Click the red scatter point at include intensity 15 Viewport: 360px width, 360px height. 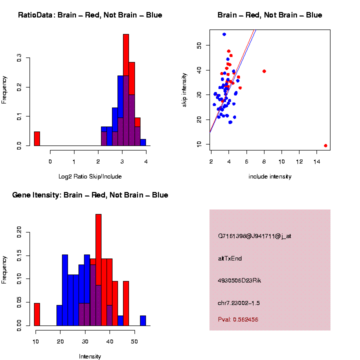(x=325, y=145)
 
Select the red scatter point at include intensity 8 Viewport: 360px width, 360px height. (x=264, y=71)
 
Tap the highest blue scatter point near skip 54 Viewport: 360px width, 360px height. (x=224, y=34)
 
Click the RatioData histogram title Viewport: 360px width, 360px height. (x=90, y=15)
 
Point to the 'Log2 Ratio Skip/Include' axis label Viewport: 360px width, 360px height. (x=90, y=176)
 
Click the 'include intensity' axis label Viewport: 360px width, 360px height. (x=270, y=176)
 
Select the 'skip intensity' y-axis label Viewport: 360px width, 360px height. (x=184, y=89)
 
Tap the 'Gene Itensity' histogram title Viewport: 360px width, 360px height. (x=90, y=195)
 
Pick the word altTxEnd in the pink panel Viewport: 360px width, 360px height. (x=230, y=258)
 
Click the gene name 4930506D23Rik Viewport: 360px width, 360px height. (x=239, y=280)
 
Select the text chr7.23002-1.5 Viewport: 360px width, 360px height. (x=239, y=303)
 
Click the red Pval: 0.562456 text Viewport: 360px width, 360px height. (x=238, y=319)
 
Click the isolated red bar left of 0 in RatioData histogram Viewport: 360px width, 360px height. (x=36, y=138)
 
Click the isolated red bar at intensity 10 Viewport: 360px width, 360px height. (x=36, y=314)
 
